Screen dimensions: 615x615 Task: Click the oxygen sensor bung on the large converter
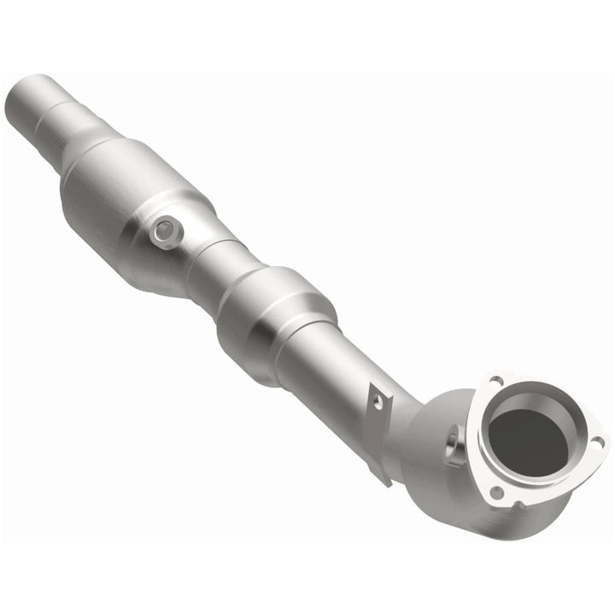(166, 229)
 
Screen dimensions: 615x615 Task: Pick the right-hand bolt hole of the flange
(597, 442)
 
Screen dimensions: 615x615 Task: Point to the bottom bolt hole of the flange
(496, 491)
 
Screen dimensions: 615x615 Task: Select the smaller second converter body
(273, 312)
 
